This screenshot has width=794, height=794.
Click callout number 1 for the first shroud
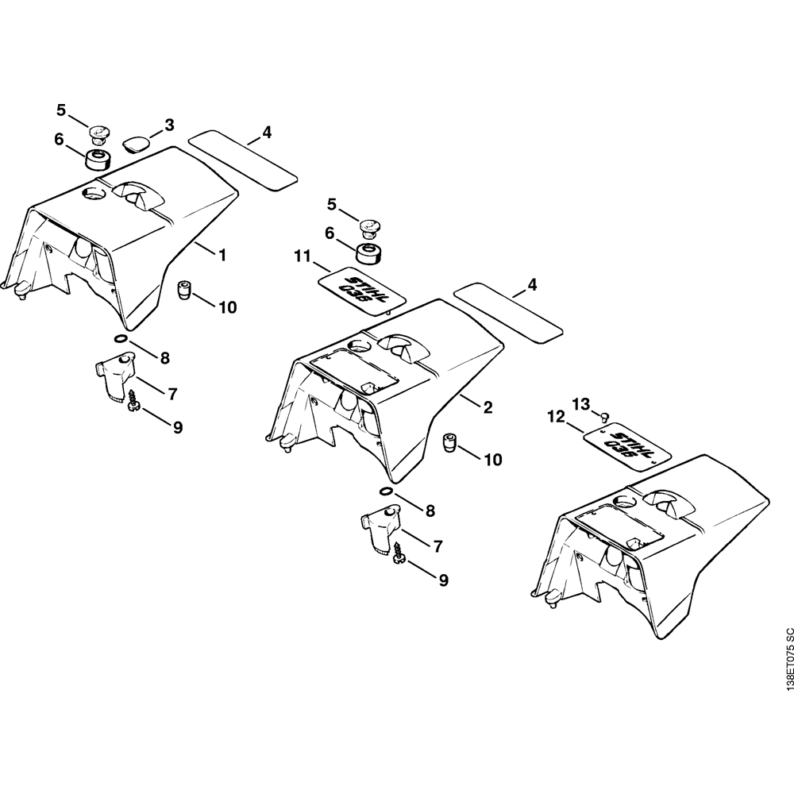[x=222, y=255]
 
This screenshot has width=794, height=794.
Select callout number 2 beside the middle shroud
[x=488, y=407]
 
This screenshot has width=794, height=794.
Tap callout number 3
[x=169, y=125]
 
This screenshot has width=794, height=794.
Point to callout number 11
[x=303, y=256]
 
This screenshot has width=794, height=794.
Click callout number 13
[x=581, y=403]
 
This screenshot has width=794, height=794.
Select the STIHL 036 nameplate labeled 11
[x=361, y=289]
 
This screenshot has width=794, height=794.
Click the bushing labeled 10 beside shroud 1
[x=184, y=289]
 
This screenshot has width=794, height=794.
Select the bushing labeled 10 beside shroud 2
[x=450, y=441]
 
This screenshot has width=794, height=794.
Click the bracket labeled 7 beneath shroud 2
[x=380, y=530]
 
